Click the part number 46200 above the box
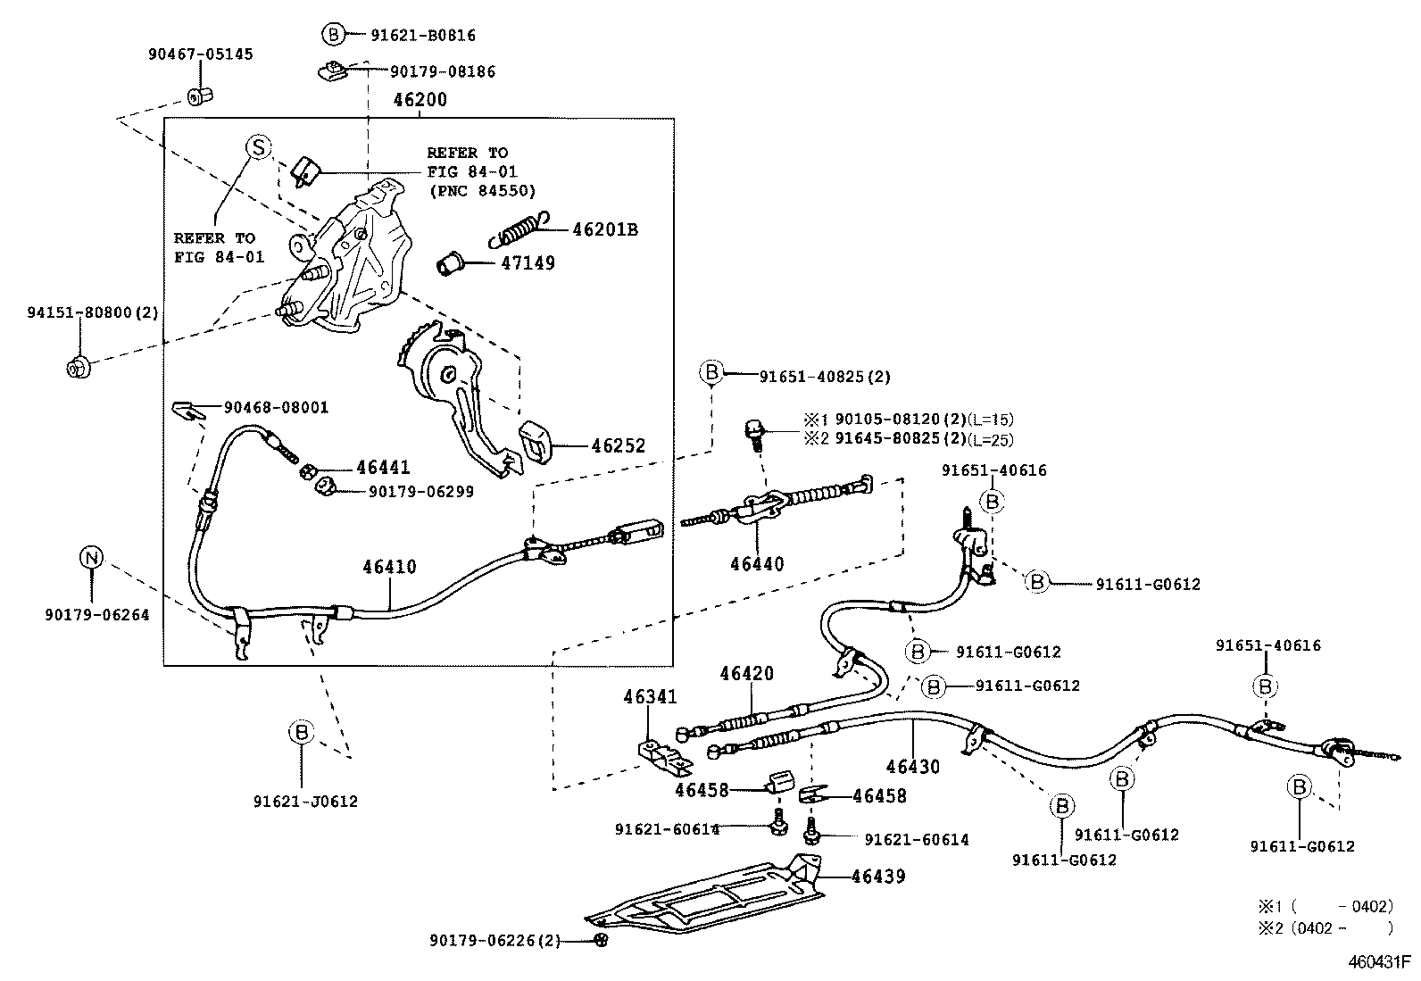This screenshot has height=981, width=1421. (420, 100)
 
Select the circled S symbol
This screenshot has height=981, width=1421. (258, 147)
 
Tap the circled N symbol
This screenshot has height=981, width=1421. (92, 558)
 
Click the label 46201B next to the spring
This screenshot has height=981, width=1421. (605, 229)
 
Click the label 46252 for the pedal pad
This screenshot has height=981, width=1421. (617, 446)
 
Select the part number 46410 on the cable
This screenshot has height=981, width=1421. (389, 567)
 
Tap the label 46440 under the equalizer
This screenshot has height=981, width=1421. (757, 563)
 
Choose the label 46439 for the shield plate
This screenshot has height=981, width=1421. (878, 877)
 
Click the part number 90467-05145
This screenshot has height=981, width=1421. (200, 54)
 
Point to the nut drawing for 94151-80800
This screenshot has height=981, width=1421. (78, 366)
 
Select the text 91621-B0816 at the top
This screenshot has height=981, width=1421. (423, 36)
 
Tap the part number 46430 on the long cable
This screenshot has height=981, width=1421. (913, 766)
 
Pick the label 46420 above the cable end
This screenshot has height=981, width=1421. (747, 674)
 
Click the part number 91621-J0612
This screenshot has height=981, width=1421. (304, 802)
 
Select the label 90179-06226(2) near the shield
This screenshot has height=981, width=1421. (494, 940)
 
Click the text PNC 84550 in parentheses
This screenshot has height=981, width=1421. (482, 190)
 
